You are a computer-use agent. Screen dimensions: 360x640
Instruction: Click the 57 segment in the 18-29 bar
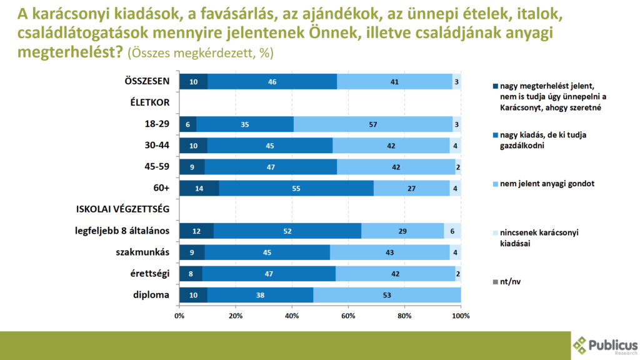click(373, 124)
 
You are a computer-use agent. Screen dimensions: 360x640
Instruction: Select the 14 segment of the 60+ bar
click(199, 187)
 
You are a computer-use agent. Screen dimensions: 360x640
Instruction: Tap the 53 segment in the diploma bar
click(387, 294)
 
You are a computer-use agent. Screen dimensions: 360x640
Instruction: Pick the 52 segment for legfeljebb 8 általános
click(287, 231)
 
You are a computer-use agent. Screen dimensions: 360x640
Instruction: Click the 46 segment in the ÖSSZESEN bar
click(272, 81)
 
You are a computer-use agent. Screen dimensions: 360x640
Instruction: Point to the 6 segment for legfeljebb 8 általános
click(452, 231)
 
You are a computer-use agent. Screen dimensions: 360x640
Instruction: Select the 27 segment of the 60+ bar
click(411, 187)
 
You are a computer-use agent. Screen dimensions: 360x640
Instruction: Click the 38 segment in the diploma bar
click(260, 294)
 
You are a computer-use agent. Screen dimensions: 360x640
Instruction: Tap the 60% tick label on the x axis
click(348, 316)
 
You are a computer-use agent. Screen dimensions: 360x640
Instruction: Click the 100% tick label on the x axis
click(461, 316)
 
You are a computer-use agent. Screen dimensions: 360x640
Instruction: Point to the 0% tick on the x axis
click(179, 316)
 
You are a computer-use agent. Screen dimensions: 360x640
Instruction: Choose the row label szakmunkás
click(144, 252)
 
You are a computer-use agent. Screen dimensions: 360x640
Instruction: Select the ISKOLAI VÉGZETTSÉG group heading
click(122, 209)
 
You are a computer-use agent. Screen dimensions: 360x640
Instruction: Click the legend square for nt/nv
click(496, 282)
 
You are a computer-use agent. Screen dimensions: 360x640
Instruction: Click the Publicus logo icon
click(581, 345)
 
